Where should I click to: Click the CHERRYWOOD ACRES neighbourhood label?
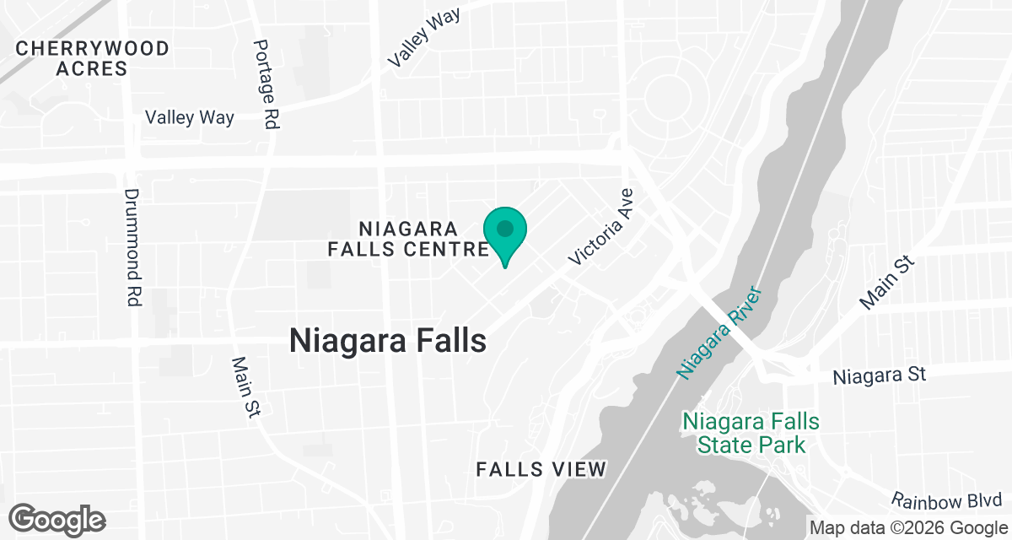[x=92, y=58]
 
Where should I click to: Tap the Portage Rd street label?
[x=266, y=84]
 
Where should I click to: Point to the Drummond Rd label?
[x=133, y=247]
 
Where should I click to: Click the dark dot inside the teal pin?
[x=505, y=229]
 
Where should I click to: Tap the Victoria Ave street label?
[x=601, y=227]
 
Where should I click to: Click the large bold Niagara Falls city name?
[x=388, y=341]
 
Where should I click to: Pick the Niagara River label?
[x=719, y=333]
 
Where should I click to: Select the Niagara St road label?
[x=880, y=375]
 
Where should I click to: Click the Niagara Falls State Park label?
[x=751, y=433]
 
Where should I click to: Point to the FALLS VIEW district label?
[x=541, y=470]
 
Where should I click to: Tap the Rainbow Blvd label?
[x=947, y=501]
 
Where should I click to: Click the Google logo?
[x=57, y=519]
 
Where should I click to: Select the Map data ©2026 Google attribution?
[x=907, y=527]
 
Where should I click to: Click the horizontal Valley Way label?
[x=190, y=117]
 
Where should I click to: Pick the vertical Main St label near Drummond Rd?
[x=245, y=386]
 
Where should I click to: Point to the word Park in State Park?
[x=780, y=445]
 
